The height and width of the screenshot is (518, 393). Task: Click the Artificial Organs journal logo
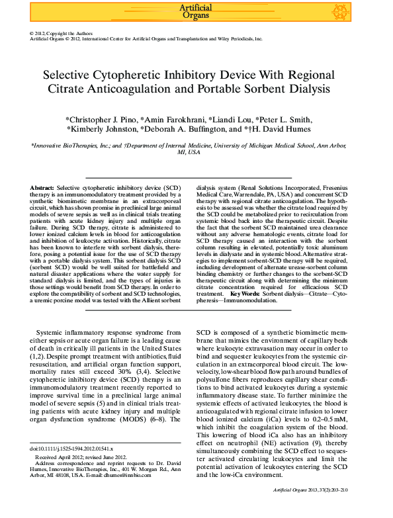point(196,11)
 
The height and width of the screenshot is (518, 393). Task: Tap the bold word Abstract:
point(42,189)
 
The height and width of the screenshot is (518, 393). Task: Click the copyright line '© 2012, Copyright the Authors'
point(62,33)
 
